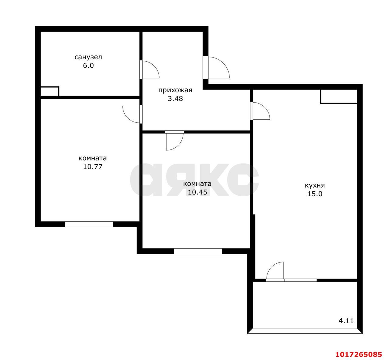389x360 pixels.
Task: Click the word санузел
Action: (x=88, y=57)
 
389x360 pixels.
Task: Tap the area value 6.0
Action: (x=88, y=65)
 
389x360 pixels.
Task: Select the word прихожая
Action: (x=175, y=90)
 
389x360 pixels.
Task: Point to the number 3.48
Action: (x=175, y=98)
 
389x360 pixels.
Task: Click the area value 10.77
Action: (x=93, y=166)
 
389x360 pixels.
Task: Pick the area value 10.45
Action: (x=198, y=192)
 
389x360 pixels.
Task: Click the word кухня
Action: (x=315, y=185)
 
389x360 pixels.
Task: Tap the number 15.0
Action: (x=315, y=194)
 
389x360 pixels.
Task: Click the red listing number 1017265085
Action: (x=359, y=354)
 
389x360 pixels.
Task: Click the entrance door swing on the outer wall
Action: (x=219, y=67)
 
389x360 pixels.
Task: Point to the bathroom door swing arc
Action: (x=151, y=70)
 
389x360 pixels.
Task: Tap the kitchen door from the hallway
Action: (x=261, y=111)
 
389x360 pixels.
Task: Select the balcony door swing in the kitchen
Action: (x=275, y=270)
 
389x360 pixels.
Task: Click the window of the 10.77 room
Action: (x=89, y=224)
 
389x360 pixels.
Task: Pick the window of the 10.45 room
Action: (x=198, y=251)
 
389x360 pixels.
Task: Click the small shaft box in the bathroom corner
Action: (x=50, y=91)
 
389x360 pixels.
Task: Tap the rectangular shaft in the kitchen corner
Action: (x=339, y=96)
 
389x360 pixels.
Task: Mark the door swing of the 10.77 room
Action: (x=131, y=115)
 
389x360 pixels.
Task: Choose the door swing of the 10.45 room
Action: (x=175, y=142)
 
